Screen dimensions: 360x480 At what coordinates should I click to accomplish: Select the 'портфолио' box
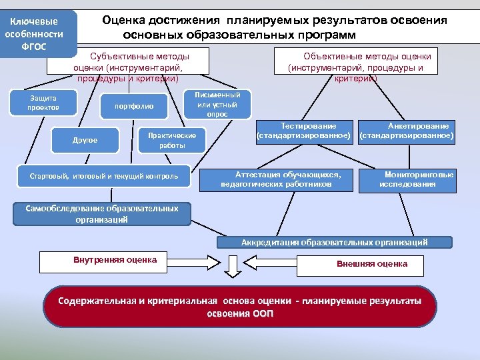tap(134, 106)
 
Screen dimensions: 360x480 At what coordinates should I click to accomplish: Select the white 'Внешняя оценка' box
tap(372, 264)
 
